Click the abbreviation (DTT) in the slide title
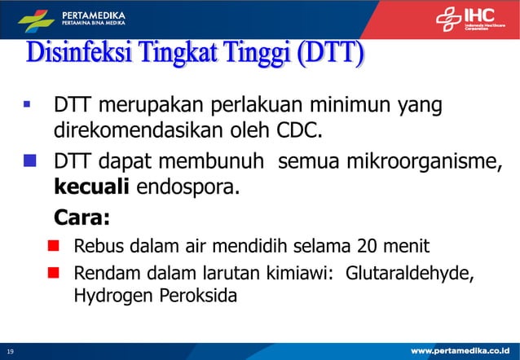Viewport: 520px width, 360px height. pos(332,55)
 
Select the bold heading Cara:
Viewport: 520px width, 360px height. pos(82,218)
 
